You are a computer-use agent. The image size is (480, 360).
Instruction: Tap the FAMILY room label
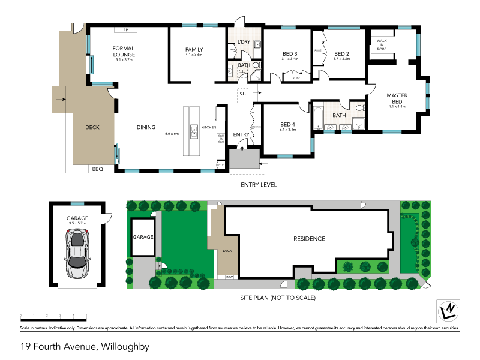(x=194, y=50)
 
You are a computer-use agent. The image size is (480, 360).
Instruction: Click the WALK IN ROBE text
(x=382, y=44)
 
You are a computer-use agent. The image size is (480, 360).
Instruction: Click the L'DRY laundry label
(x=244, y=41)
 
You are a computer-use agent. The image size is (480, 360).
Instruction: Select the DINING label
(x=146, y=127)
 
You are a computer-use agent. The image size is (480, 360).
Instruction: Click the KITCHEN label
(x=209, y=127)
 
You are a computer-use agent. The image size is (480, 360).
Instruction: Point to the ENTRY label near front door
(x=241, y=134)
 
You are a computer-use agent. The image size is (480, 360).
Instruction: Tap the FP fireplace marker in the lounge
(x=125, y=29)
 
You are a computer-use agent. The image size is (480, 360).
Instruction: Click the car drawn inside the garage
(x=77, y=254)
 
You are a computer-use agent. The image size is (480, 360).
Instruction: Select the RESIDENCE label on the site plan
(x=309, y=239)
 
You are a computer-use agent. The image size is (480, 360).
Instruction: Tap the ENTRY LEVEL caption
(x=258, y=185)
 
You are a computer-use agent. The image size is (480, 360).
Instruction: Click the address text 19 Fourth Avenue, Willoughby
(x=85, y=346)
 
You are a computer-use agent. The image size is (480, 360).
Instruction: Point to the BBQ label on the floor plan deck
(x=98, y=170)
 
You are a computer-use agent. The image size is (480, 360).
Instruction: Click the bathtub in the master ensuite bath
(x=318, y=116)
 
